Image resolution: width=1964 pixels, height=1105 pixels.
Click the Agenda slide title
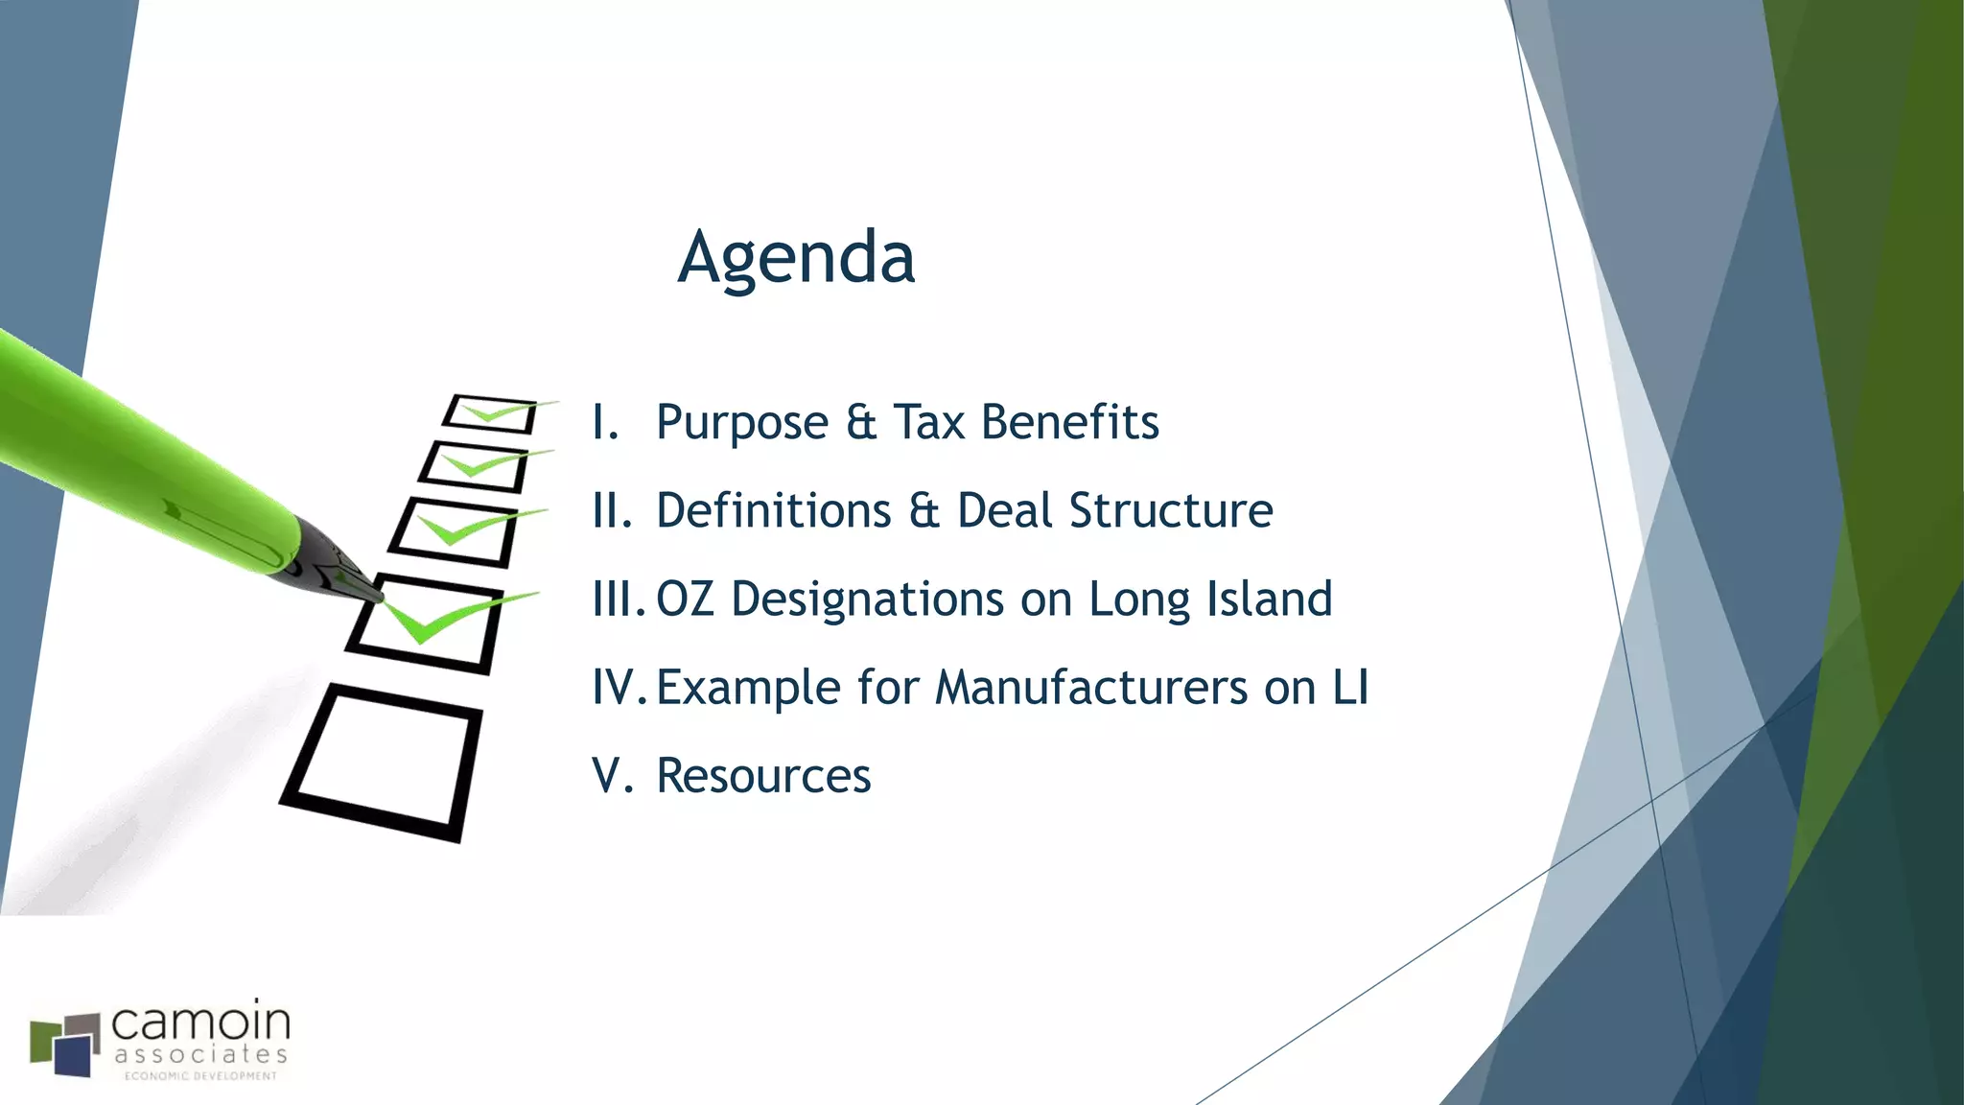click(796, 257)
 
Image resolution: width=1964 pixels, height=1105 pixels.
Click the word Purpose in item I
click(742, 423)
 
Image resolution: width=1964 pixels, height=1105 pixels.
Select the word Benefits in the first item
click(1070, 422)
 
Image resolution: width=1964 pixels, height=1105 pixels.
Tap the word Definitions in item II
click(774, 510)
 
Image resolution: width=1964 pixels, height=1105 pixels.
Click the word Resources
click(763, 776)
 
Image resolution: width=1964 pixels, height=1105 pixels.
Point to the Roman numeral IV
click(615, 688)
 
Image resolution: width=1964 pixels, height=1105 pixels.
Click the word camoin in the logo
click(200, 1023)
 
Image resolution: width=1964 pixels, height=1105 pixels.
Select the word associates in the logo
click(200, 1055)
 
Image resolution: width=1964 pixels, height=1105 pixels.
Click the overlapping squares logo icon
click(65, 1045)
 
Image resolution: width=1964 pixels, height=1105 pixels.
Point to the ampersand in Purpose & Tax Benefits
click(861, 423)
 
